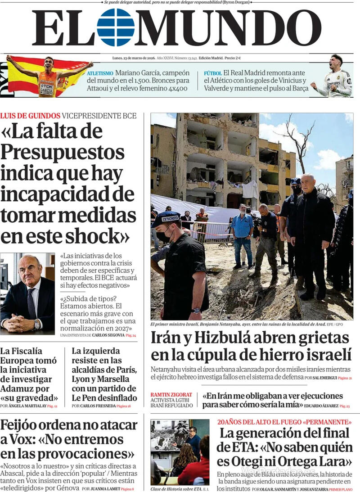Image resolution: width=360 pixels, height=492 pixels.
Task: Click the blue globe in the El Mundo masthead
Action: click(116, 27)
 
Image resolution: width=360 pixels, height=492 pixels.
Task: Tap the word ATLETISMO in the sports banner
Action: click(100, 73)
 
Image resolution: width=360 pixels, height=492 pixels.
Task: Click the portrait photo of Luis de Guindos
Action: click(27, 293)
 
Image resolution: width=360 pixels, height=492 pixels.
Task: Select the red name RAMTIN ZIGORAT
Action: click(171, 395)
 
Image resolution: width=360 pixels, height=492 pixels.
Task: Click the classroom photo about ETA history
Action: click(180, 452)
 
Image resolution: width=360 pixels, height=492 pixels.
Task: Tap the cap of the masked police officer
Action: click(165, 219)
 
